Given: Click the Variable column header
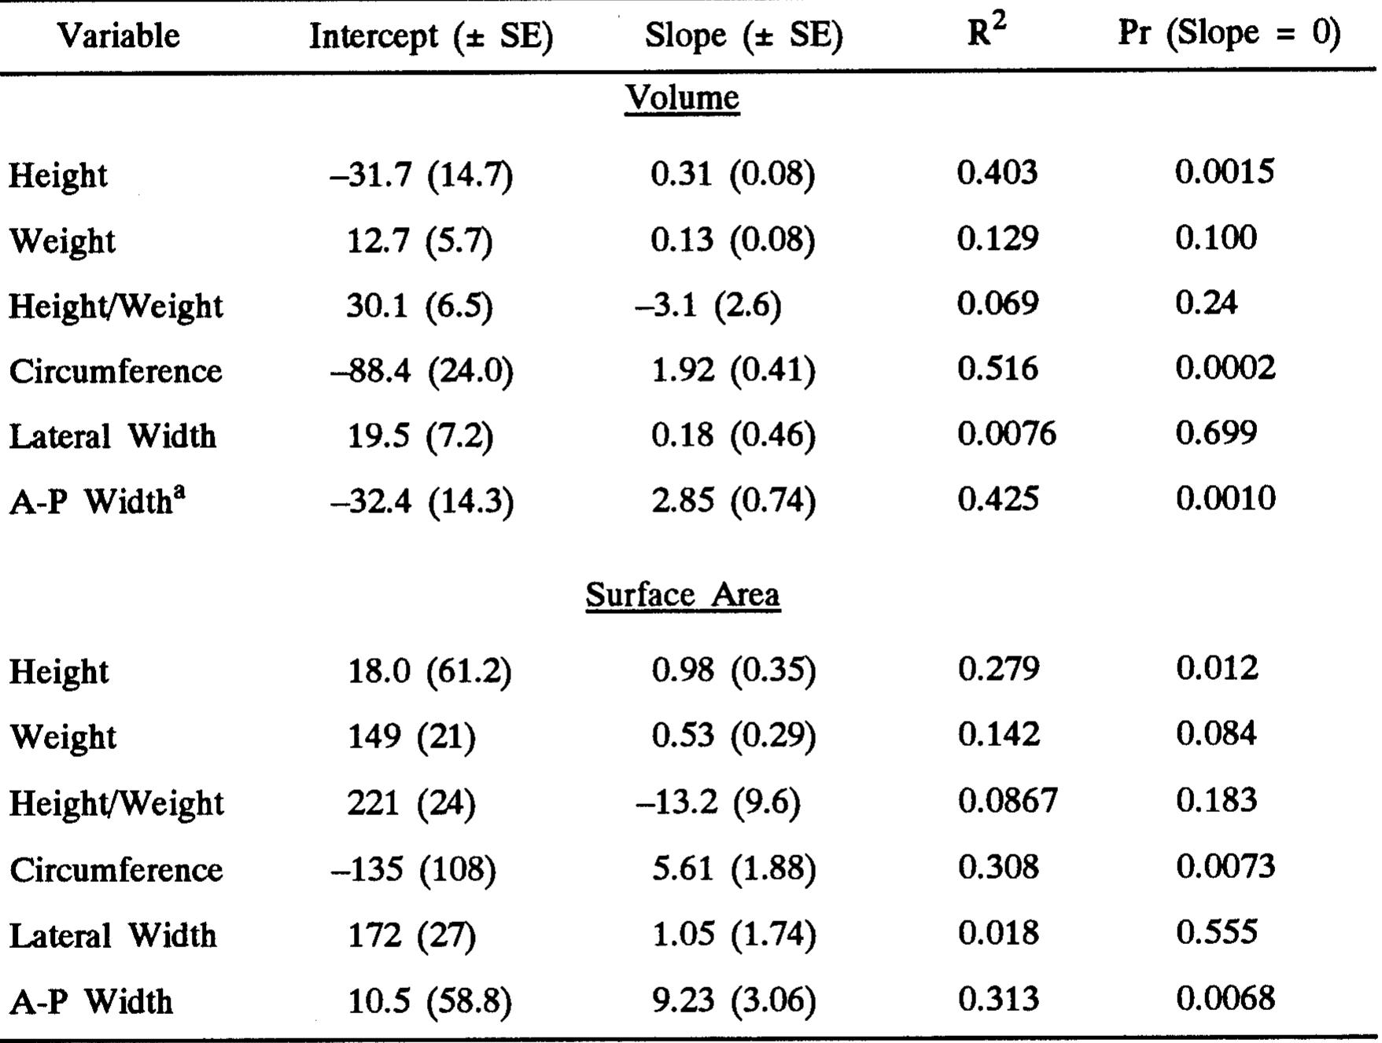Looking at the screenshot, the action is [118, 35].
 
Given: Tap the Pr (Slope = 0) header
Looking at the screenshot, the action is [1229, 34].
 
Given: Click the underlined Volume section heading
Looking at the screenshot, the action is [682, 98].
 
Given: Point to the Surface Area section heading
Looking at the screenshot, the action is [683, 595].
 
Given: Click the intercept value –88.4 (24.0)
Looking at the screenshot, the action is [422, 370].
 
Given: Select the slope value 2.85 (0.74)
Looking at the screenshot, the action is [733, 501].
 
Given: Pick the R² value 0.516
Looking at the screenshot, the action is [997, 368].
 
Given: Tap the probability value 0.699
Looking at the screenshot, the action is [1216, 433].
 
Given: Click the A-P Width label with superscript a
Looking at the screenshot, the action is [98, 501].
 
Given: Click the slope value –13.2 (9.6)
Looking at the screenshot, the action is [717, 802].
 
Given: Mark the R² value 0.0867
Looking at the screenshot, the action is [1008, 801].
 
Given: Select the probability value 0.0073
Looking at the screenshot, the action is [1225, 867].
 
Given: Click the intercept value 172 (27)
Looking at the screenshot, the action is [411, 935].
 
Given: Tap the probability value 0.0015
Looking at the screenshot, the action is [1225, 171].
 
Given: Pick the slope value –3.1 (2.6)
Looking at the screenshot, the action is [708, 305].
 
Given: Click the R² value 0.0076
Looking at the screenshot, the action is [1007, 434].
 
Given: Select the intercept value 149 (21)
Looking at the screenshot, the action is [411, 736].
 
